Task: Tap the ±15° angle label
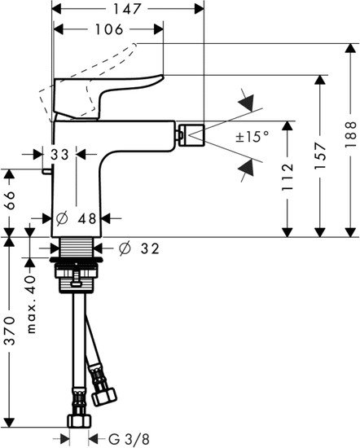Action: coord(252,138)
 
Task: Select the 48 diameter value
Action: coord(87,217)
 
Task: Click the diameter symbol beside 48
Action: coord(61,217)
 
